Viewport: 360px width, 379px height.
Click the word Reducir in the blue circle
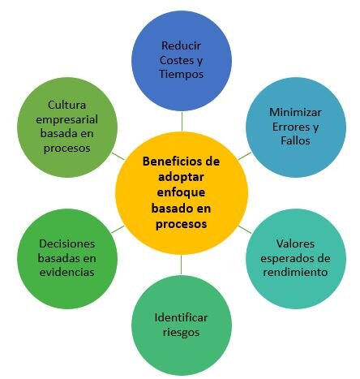pos(181,45)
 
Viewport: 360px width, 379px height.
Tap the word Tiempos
pos(181,74)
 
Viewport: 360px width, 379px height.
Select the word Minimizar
pos(295,112)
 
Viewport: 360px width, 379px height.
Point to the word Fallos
pos(295,140)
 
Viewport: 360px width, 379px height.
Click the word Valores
pos(295,243)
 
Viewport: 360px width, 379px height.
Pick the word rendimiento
pos(295,272)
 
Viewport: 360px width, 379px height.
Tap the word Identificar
pos(181,317)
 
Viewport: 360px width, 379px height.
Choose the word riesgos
pos(181,332)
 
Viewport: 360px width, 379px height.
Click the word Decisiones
pos(67,243)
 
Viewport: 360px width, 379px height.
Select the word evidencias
pos(67,272)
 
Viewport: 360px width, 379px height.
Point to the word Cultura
pos(67,105)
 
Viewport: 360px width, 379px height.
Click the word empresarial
pos(67,119)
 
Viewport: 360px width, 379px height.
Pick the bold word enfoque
pos(181,192)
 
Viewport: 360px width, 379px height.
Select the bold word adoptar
pos(181,177)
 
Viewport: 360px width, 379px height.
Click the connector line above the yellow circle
pos(182,122)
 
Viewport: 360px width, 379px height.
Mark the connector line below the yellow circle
pos(181,265)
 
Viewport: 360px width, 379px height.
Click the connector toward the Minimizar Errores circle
pos(245,156)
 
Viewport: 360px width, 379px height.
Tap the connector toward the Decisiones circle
pos(118,230)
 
